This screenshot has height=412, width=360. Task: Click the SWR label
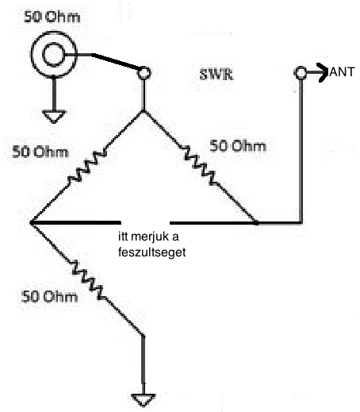(x=216, y=75)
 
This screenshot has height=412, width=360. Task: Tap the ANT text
(x=342, y=72)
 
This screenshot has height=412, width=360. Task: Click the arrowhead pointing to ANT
(x=323, y=72)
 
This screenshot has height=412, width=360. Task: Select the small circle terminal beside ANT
(x=301, y=73)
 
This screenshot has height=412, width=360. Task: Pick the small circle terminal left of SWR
(x=144, y=73)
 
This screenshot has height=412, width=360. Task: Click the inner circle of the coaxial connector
(x=53, y=55)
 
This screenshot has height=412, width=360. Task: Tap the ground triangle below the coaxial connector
(x=54, y=117)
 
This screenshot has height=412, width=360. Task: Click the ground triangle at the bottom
(x=144, y=400)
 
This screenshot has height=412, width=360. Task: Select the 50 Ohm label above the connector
(x=52, y=17)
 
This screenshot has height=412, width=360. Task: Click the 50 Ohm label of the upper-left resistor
(x=40, y=152)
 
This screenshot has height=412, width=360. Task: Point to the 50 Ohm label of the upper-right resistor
(x=238, y=146)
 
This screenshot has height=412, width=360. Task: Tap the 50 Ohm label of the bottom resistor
(x=49, y=296)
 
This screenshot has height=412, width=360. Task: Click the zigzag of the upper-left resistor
(x=87, y=166)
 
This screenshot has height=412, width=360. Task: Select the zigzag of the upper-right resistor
(x=200, y=164)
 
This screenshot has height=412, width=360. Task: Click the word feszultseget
(x=151, y=252)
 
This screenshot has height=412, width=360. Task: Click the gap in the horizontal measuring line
(x=145, y=223)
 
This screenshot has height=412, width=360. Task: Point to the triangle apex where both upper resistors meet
(x=144, y=111)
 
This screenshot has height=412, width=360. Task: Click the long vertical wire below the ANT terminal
(x=301, y=151)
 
